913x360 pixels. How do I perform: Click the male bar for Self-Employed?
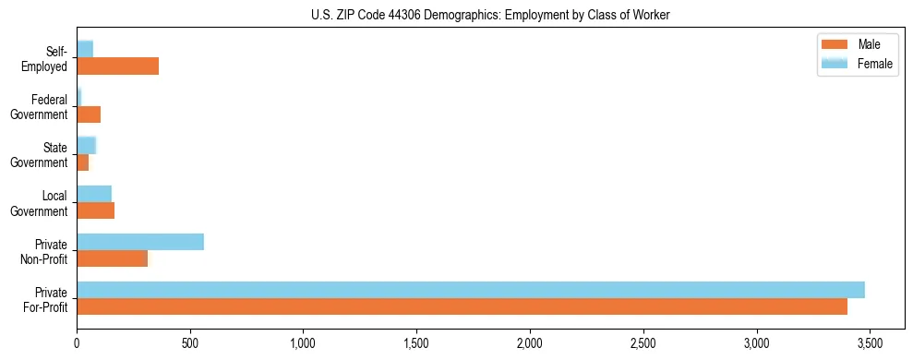coord(117,66)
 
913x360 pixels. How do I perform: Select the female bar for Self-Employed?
coord(85,49)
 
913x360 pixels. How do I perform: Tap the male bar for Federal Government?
coord(89,114)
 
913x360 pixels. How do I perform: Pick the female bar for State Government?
coord(87,145)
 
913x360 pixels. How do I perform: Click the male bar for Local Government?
coord(95,210)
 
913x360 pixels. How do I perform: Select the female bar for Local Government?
coord(94,193)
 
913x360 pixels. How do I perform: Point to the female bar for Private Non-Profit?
coord(140,242)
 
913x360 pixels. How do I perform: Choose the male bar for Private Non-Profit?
coord(112,258)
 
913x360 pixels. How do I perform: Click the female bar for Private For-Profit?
coord(471,290)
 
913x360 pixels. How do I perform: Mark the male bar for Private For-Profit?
coord(462,306)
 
